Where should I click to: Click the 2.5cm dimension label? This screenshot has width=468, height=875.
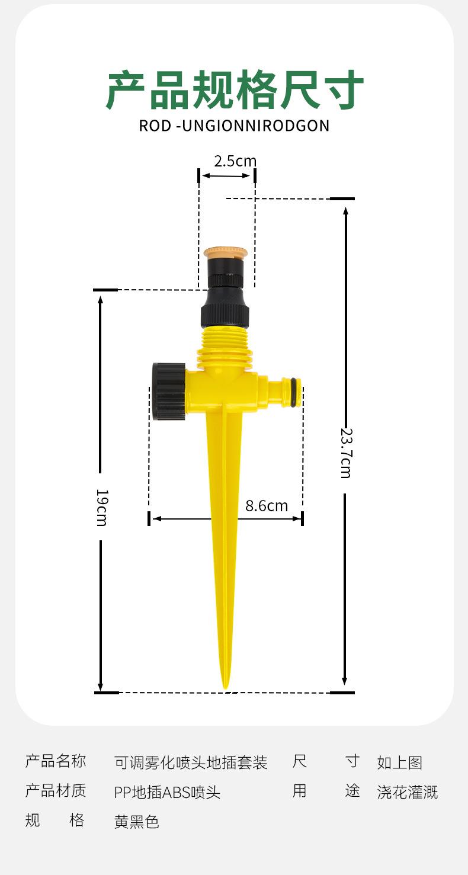point(235,161)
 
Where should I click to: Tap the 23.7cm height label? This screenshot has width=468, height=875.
point(346,453)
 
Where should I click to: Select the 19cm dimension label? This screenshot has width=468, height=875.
point(102,508)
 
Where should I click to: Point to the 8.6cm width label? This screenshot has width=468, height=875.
point(267,506)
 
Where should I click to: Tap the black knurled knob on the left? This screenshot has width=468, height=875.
point(169,392)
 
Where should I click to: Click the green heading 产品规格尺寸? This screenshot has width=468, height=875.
point(235,89)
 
